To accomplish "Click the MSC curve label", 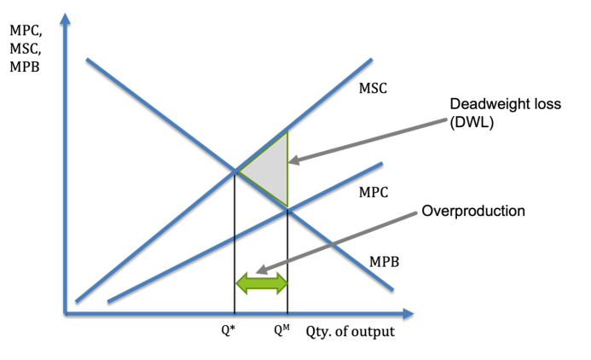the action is (373, 88).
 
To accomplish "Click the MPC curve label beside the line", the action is (374, 192).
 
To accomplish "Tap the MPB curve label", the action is (384, 262).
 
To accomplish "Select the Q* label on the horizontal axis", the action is (228, 330).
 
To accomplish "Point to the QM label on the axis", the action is (282, 330).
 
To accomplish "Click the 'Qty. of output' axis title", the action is (351, 332).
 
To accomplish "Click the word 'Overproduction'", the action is (473, 211).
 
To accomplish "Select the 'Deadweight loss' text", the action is (506, 104).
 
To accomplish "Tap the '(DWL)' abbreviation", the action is (472, 122).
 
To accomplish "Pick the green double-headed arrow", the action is (262, 283).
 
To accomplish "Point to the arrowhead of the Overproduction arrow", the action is (261, 270).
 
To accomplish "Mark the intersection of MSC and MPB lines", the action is (235, 171).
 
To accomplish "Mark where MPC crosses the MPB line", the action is (287, 210).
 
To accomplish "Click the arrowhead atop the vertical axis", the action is (65, 19).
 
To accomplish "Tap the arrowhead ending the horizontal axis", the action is (408, 313).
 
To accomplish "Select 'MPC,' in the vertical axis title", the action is (26, 31).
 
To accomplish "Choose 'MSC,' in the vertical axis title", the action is (26, 49).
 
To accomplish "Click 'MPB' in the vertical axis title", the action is (25, 67).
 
